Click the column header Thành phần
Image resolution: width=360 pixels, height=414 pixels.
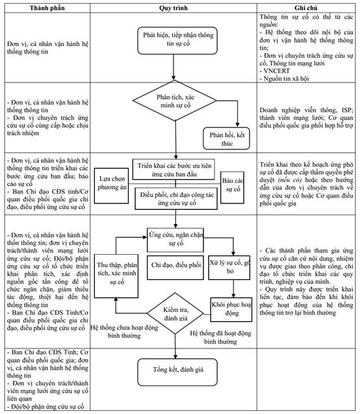point(47,8)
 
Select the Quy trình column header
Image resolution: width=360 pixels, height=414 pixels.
point(173,8)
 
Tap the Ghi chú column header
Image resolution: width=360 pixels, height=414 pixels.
point(306,8)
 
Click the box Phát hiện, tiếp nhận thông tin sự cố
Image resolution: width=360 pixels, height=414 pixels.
point(177,41)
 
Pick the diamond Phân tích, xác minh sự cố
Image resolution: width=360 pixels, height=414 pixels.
point(175,101)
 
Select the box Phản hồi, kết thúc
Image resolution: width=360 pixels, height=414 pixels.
point(226,138)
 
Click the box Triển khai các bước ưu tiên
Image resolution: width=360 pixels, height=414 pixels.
point(174,170)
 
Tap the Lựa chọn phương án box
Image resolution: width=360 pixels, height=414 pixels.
point(111,186)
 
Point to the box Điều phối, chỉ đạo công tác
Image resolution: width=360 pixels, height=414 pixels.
point(176,199)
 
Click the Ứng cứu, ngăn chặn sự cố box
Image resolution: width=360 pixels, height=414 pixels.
point(175,240)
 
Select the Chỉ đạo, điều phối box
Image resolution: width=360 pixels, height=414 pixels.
point(175,267)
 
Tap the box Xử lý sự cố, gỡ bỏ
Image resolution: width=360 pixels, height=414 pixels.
point(229,267)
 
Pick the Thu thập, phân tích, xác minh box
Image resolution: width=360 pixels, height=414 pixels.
point(116,276)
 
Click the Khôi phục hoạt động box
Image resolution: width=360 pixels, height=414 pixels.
point(231,309)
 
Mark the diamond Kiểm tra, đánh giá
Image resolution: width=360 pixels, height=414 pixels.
point(175,313)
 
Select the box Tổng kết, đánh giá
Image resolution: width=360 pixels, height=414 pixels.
point(177,372)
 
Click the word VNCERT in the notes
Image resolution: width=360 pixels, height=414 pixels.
point(276,71)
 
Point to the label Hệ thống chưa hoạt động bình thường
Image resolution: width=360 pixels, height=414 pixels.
point(124,331)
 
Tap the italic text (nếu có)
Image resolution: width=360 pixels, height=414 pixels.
point(290,180)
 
